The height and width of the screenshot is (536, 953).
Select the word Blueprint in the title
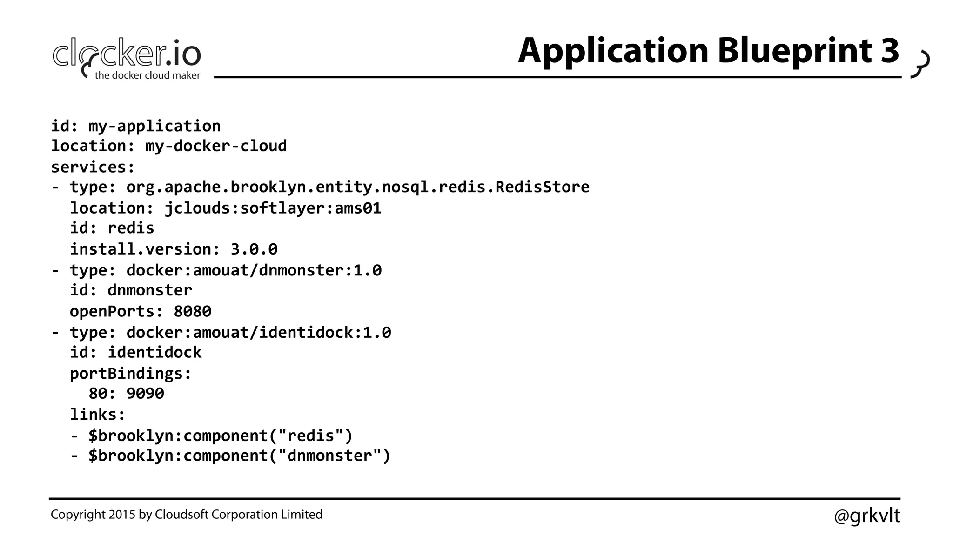click(x=794, y=51)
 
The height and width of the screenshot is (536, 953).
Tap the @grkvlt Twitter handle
click(x=866, y=516)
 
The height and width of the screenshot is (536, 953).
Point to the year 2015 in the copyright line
click(x=122, y=515)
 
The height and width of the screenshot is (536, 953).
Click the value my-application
click(x=154, y=126)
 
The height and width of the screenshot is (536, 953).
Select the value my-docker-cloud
click(x=216, y=146)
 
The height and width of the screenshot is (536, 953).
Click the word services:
click(x=93, y=167)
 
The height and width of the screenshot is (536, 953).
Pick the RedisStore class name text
click(x=542, y=187)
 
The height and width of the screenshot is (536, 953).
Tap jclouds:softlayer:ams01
click(x=273, y=208)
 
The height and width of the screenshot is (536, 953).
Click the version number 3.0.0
click(x=254, y=249)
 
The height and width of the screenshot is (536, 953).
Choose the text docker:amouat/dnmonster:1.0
click(x=254, y=270)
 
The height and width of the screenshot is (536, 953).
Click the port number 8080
click(x=192, y=311)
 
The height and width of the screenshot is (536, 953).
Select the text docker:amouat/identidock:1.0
click(x=259, y=332)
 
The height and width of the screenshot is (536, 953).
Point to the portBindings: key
click(x=130, y=373)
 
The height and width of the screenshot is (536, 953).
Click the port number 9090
click(x=145, y=394)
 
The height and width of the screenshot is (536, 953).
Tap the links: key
click(x=98, y=414)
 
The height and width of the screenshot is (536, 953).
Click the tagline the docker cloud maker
click(x=147, y=75)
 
